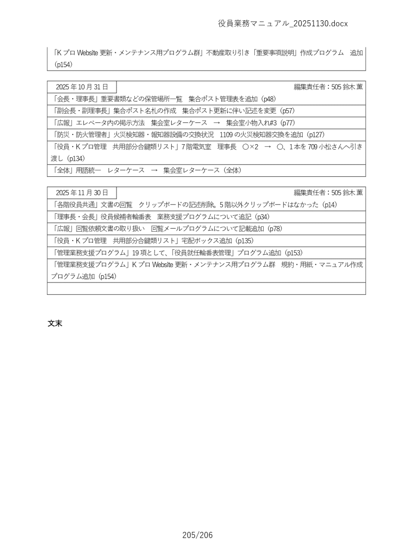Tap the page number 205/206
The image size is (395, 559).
point(197,535)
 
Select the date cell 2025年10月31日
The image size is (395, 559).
point(81,87)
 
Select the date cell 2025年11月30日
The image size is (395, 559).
point(81,193)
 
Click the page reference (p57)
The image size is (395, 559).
point(287,111)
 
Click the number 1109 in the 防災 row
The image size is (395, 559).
point(226,134)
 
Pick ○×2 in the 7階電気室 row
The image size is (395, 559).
point(251,147)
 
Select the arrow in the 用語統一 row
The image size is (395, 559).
point(154,170)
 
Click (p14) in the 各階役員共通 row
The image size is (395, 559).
point(329,204)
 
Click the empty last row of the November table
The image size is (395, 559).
point(206,288)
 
